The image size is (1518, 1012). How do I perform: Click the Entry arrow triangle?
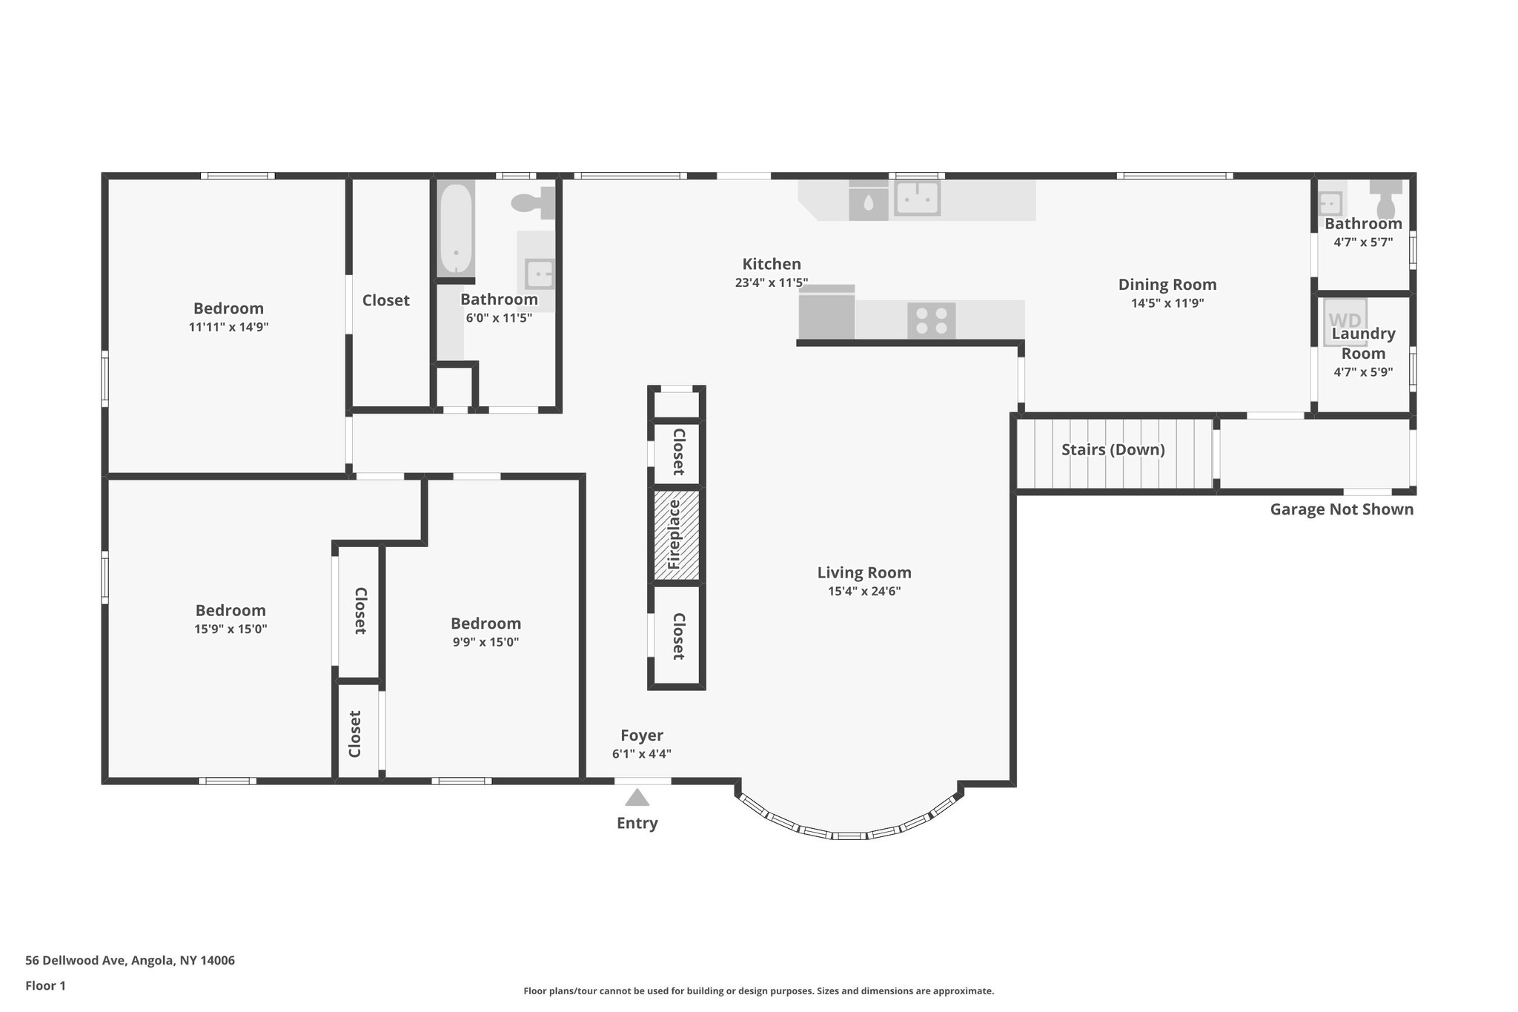pyautogui.click(x=637, y=798)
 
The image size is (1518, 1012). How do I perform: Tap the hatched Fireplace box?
pyautogui.click(x=676, y=535)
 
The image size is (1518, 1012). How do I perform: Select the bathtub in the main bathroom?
pyautogui.click(x=455, y=229)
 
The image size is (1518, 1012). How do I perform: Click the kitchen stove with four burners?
pyautogui.click(x=931, y=321)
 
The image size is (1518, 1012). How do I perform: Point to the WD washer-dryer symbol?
pyautogui.click(x=1345, y=321)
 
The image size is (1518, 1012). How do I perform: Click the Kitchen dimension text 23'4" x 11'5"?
pyautogui.click(x=771, y=282)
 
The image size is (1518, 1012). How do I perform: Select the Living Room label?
pyautogui.click(x=864, y=572)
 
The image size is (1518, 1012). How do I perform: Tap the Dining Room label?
pyautogui.click(x=1167, y=285)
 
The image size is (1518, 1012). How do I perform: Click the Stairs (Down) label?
pyautogui.click(x=1113, y=450)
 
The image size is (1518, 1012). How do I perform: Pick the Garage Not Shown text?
pyautogui.click(x=1341, y=509)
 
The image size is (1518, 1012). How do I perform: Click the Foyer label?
pyautogui.click(x=641, y=735)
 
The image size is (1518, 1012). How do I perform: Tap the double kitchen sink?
pyautogui.click(x=917, y=198)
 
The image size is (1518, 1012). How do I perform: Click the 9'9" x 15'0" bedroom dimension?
pyautogui.click(x=485, y=642)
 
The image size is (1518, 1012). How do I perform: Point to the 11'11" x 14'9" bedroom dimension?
pyautogui.click(x=228, y=327)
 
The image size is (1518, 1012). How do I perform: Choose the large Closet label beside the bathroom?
pyautogui.click(x=385, y=300)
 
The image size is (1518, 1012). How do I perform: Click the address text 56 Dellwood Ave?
pyautogui.click(x=130, y=960)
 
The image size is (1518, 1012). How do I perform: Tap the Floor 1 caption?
pyautogui.click(x=45, y=985)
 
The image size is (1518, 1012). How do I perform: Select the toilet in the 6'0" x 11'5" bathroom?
pyautogui.click(x=532, y=202)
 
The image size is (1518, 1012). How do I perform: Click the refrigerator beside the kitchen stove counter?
pyautogui.click(x=826, y=314)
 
